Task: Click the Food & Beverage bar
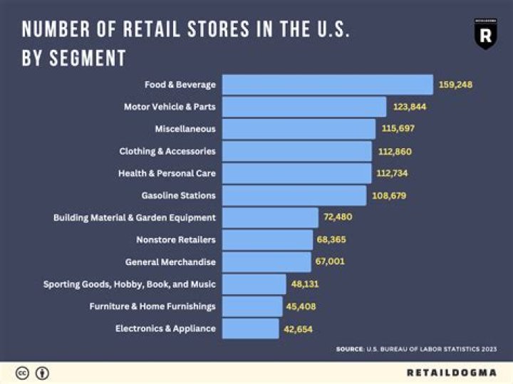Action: [327, 85]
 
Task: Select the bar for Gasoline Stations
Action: [294, 195]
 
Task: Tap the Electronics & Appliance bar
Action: [250, 328]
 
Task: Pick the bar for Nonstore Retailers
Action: [267, 239]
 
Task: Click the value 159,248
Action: [456, 85]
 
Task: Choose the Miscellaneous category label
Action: [185, 129]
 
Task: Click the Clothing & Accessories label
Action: [167, 151]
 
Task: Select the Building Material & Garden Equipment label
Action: [134, 217]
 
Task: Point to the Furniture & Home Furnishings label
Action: [152, 306]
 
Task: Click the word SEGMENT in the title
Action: [87, 58]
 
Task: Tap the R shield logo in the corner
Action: [485, 34]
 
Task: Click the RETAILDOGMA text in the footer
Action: [451, 373]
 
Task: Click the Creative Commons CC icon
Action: [23, 373]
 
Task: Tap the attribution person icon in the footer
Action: [42, 373]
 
